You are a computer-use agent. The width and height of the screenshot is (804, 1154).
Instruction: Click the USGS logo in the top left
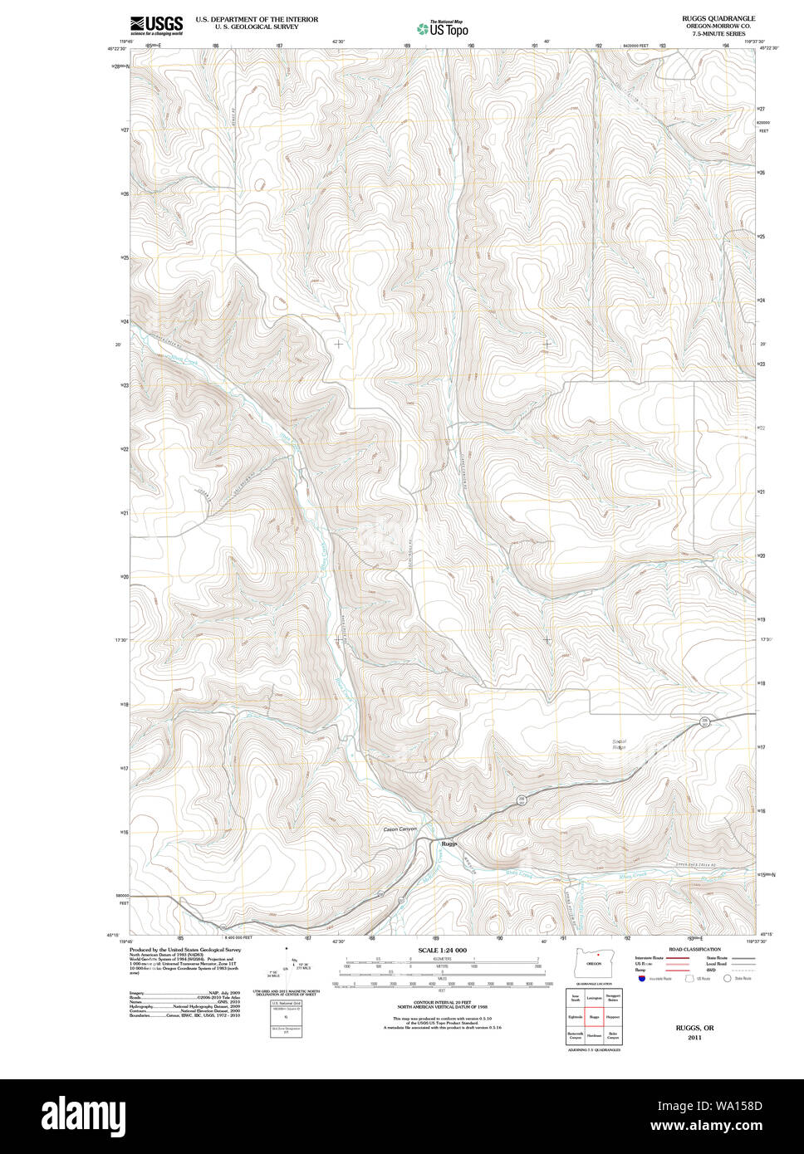coord(156,25)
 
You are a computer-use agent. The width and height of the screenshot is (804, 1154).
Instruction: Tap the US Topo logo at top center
coord(443,29)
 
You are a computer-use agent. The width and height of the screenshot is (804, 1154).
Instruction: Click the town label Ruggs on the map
coord(449,843)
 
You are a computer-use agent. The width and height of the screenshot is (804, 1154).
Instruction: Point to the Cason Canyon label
coord(400,829)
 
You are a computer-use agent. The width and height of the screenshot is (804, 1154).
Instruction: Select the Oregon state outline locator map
coord(593,964)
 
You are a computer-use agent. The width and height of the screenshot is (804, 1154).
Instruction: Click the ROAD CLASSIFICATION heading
coord(694,949)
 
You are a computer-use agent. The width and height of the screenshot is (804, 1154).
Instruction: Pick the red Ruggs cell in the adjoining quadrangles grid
coord(594,1016)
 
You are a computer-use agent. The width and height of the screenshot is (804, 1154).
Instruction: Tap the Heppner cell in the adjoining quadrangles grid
coord(613,1016)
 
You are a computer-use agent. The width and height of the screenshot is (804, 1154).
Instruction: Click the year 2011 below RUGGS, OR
coord(694,1037)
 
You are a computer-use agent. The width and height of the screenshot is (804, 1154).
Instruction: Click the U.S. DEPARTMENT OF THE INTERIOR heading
coord(257,19)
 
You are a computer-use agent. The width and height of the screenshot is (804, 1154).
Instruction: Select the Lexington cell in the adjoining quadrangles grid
coord(594,997)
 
